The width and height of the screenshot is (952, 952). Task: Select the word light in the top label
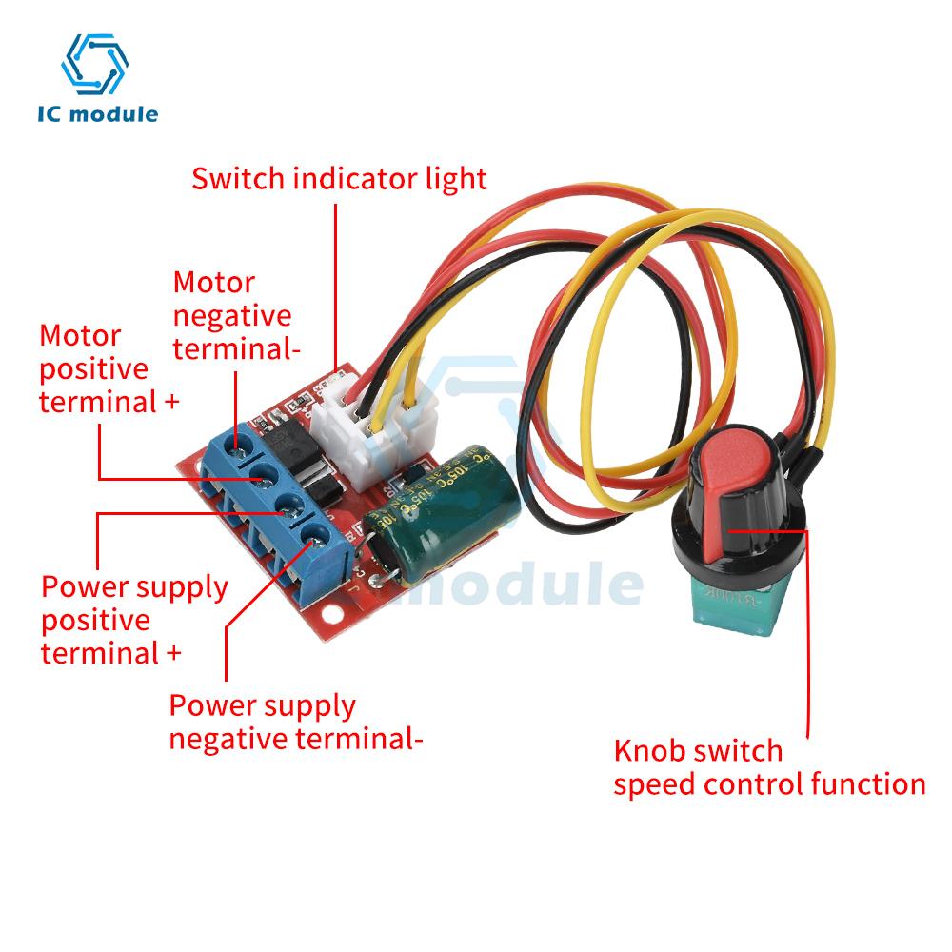coord(455,178)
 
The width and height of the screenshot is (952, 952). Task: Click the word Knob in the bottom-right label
coord(647,751)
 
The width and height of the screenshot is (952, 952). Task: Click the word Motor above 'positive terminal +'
coord(80,336)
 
